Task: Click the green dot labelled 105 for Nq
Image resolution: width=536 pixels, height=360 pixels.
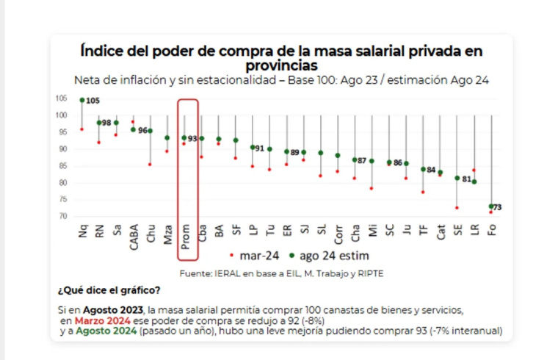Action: (82, 100)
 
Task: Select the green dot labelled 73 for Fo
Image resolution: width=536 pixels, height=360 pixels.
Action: (491, 206)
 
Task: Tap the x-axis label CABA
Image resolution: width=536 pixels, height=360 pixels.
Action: (134, 236)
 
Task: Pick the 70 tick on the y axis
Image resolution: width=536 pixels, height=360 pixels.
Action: (62, 216)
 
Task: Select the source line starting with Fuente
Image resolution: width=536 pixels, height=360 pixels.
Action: (282, 273)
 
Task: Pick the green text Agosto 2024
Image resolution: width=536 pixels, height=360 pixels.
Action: (103, 331)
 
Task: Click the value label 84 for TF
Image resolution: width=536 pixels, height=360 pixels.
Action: (432, 170)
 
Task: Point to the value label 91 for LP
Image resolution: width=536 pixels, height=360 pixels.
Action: (260, 148)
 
